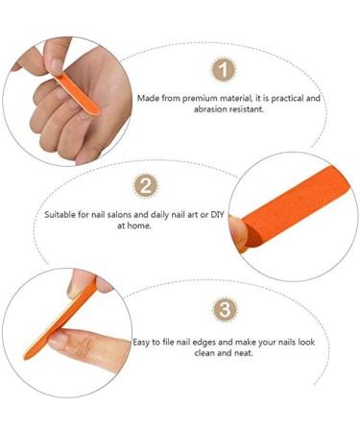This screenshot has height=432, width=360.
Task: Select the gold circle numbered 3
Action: pos(223,309)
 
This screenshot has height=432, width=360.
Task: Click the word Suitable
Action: pos(60,214)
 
